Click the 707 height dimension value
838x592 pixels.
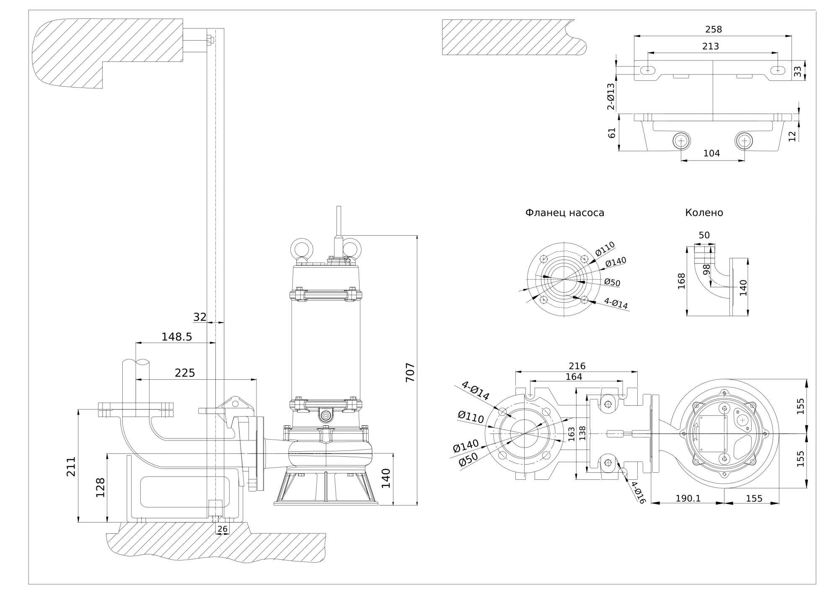(410, 372)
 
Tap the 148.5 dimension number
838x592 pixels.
(176, 337)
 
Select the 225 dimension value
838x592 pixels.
(185, 373)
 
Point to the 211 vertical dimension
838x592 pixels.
(71, 466)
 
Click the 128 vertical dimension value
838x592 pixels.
(100, 487)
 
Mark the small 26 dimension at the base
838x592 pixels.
(222, 529)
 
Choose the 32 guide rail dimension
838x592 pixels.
(200, 317)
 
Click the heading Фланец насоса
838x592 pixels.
(564, 213)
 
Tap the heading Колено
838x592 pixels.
(704, 213)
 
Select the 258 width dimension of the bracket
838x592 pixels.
(714, 29)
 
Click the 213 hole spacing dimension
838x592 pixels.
(711, 46)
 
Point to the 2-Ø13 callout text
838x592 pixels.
(611, 97)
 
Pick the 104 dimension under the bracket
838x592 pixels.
(711, 153)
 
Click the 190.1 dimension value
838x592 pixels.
(688, 499)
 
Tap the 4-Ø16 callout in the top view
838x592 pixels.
(638, 492)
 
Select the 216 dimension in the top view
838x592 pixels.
(577, 366)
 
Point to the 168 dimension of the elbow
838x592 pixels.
(681, 281)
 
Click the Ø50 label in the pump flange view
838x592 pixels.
(612, 283)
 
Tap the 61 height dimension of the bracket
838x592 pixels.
(612, 133)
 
